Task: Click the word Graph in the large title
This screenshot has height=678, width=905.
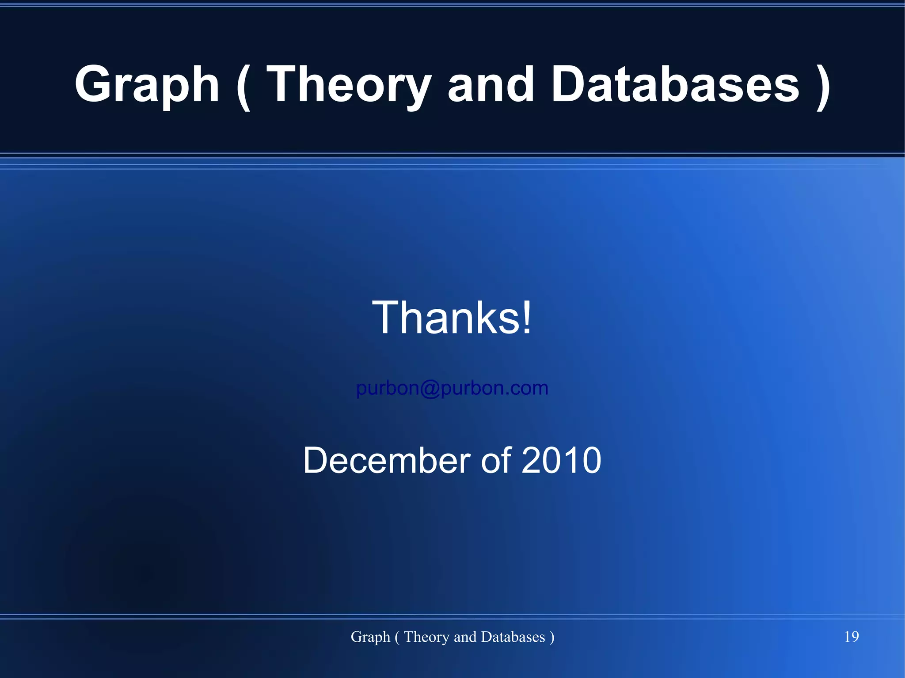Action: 147,85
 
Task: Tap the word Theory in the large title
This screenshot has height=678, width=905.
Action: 349,85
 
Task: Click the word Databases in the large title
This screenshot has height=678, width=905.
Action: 675,85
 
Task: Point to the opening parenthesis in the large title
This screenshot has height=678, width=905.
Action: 243,86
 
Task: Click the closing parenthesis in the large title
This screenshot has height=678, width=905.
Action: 823,86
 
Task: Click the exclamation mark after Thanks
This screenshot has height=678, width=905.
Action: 526,318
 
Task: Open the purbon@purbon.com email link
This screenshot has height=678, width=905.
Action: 452,388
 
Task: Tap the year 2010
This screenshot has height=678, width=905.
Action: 561,460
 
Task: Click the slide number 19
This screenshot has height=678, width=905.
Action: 851,636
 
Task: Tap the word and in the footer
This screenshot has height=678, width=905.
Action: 465,637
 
